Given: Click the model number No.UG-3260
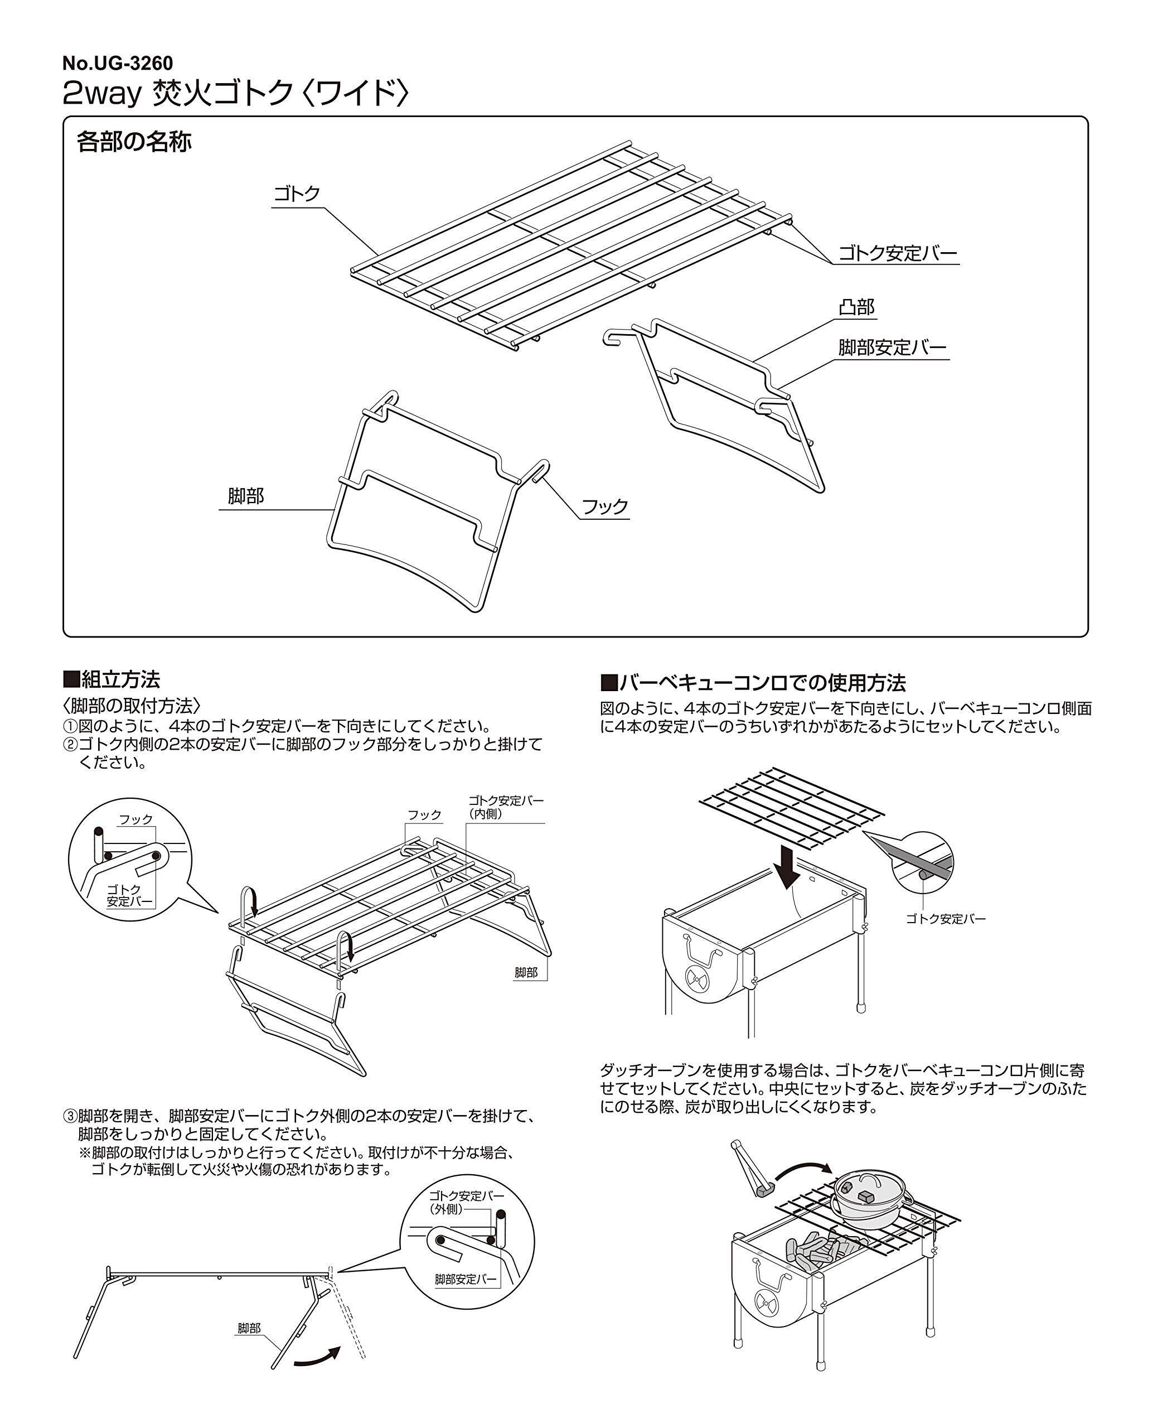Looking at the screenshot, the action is pyautogui.click(x=118, y=63).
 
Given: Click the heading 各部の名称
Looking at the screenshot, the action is pyautogui.click(x=134, y=142).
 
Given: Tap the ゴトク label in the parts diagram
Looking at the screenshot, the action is pyautogui.click(x=297, y=194).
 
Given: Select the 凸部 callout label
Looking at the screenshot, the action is pyautogui.click(x=856, y=307).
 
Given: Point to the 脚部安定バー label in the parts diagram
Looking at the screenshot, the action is pyautogui.click(x=892, y=347).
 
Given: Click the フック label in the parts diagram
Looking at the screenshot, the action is pyautogui.click(x=604, y=507).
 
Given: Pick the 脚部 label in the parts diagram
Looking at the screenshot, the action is pyautogui.click(x=246, y=496).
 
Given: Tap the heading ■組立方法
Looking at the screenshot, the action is pyautogui.click(x=112, y=679).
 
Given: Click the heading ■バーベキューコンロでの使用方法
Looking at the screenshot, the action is pyautogui.click(x=753, y=682).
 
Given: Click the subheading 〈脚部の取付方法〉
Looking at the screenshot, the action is pyautogui.click(x=132, y=705).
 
